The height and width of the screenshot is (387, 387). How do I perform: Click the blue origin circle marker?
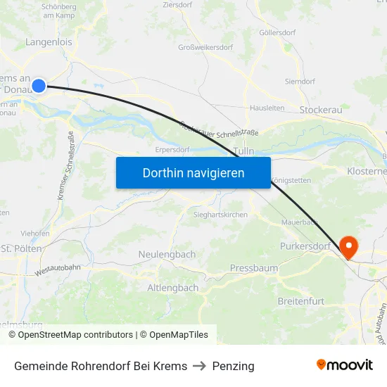(39, 86)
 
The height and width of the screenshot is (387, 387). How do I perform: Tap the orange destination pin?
(348, 246)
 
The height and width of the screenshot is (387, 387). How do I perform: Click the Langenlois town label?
(49, 42)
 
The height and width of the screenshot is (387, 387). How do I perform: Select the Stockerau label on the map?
(320, 110)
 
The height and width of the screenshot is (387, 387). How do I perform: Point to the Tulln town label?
(243, 151)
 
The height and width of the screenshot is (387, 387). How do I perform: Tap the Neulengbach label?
(167, 254)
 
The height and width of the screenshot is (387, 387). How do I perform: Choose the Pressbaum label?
(253, 268)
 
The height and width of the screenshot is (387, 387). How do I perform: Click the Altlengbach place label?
(173, 288)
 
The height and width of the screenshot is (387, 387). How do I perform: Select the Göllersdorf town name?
(277, 32)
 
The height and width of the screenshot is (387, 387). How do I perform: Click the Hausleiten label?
(267, 108)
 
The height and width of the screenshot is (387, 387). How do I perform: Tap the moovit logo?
(344, 365)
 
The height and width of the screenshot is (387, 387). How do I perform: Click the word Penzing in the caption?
(233, 366)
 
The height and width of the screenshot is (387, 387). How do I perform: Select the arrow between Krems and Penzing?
(200, 366)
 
